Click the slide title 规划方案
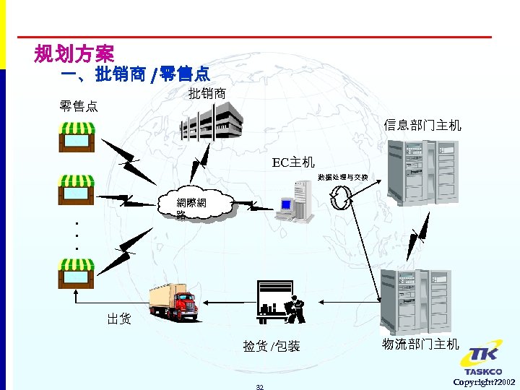point(74,53)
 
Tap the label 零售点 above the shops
point(79,106)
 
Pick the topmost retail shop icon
point(77,135)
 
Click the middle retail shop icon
point(77,190)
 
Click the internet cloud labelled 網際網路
point(196,207)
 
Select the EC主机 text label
point(292,162)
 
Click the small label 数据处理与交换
point(342,177)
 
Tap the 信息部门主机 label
point(422,125)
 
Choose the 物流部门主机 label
point(420,344)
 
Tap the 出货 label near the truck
point(119,318)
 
